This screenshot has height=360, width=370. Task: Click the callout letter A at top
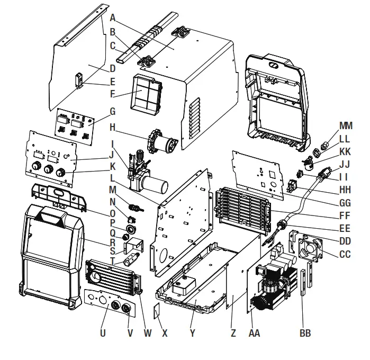tap(113, 17)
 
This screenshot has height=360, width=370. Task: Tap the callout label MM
tap(346, 125)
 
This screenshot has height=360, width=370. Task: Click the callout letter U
tap(103, 334)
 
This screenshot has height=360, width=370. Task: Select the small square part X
tap(157, 311)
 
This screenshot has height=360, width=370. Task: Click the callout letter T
tap(112, 260)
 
